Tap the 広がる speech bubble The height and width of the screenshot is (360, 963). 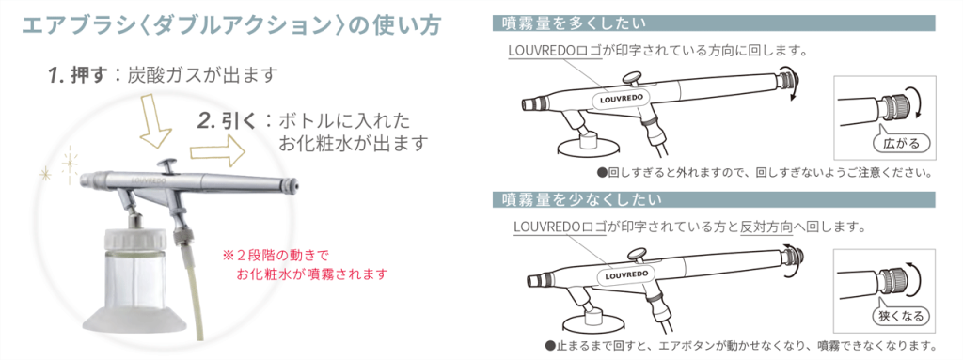(x=900, y=143)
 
